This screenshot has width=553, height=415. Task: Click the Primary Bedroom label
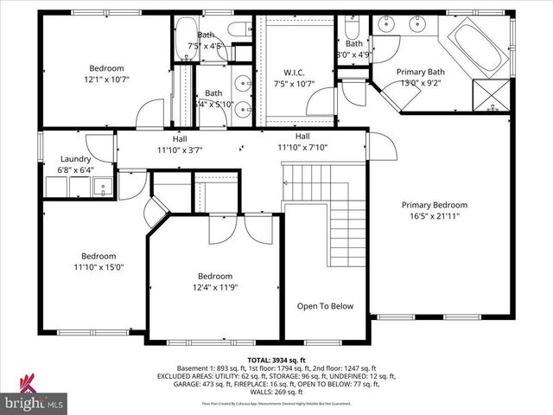point(435,206)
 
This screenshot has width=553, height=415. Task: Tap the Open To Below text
point(325,306)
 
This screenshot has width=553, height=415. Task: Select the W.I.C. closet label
point(299,73)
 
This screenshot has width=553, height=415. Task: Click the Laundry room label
point(77,159)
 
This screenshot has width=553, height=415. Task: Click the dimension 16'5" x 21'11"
point(435,217)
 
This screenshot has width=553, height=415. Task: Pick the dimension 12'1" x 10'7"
point(107,80)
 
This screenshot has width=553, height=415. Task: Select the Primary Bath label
point(420,72)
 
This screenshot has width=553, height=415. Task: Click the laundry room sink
point(103,186)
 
